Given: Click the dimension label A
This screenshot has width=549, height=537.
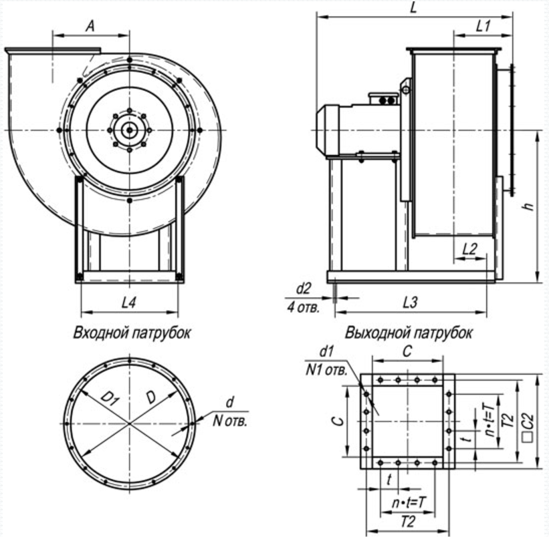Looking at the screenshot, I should (x=90, y=25).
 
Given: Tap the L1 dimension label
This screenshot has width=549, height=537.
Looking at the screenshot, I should (x=484, y=26).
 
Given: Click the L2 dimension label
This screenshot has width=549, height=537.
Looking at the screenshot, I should (x=470, y=248).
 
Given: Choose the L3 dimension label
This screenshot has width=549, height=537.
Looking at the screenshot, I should (x=411, y=303).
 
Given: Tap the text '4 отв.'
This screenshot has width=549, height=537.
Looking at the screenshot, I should (x=304, y=308).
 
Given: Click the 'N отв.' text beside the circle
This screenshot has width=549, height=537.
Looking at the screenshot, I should (x=229, y=421).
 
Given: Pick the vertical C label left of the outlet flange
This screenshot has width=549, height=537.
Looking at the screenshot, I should (x=339, y=421).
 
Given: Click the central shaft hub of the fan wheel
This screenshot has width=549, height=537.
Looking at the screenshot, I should (x=129, y=128).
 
